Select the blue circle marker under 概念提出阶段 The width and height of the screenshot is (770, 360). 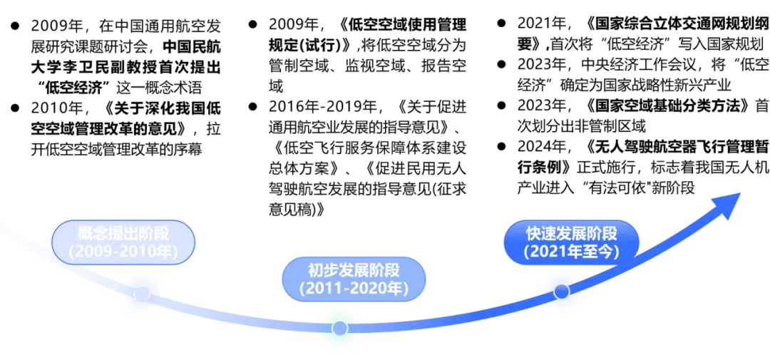pos(142,293)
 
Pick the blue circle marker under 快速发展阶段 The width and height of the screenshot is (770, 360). pos(561,291)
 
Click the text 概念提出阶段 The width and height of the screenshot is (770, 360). pos(123,233)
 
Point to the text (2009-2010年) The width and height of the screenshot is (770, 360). pos(123,251)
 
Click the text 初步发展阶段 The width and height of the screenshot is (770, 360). pos(354,271)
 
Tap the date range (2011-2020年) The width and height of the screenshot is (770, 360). pos(354,289)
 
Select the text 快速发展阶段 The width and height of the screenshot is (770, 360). pos(571,233)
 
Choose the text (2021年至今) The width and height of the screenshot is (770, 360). pos(571,251)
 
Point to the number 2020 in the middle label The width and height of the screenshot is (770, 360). pos(374,289)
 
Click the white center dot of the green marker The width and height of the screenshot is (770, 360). pos(340,328)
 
